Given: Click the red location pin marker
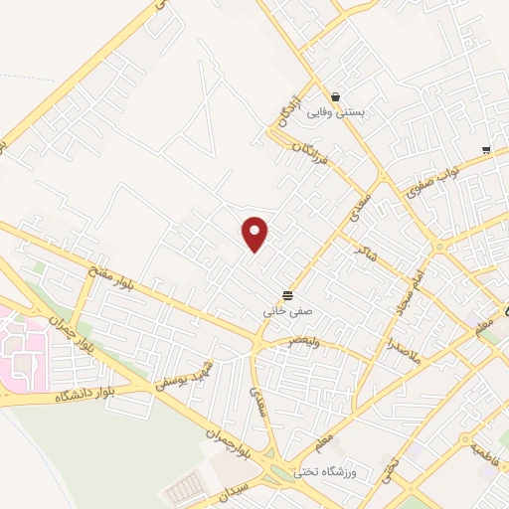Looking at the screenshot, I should (256, 233).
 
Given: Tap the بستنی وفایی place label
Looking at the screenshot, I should (335, 113).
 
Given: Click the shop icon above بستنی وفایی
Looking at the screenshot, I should (335, 96).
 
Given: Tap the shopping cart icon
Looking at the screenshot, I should (485, 150).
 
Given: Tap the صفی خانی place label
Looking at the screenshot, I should (287, 311).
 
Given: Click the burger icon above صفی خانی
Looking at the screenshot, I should (287, 295).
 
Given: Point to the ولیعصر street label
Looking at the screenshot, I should (304, 340).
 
